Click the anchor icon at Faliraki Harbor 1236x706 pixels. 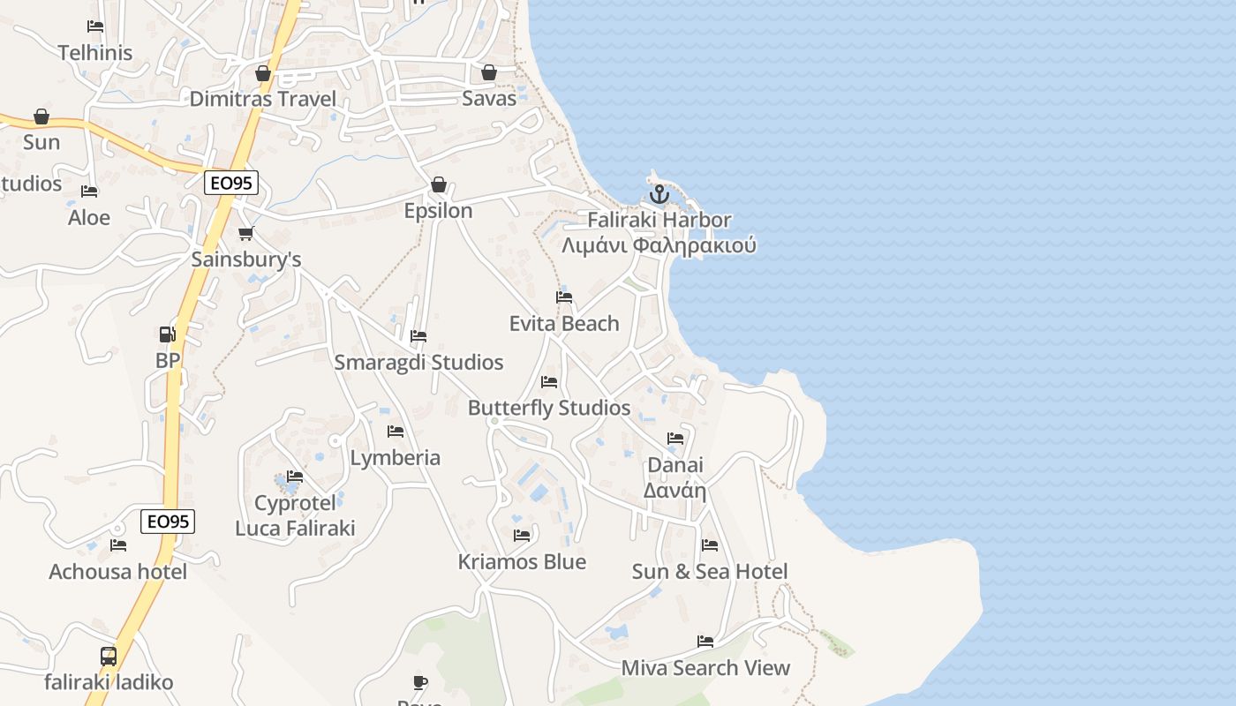pos(659,194)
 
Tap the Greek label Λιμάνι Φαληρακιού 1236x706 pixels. pos(659,245)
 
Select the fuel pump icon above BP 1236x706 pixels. pos(167,334)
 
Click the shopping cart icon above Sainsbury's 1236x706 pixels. pos(246,234)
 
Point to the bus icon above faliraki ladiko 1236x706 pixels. pos(109,657)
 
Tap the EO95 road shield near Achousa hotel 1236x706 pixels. pos(168,522)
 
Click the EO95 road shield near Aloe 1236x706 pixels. pos(231,184)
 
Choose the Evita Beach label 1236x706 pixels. pos(564,324)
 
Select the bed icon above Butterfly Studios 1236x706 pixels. pos(549,382)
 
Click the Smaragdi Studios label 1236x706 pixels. pos(418,363)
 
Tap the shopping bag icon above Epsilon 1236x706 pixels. pos(439,184)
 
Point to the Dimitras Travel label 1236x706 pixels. pos(263,99)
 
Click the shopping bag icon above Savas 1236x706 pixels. pos(489,72)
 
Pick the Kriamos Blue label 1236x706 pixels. pos(522,562)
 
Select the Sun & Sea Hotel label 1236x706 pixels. pos(710,572)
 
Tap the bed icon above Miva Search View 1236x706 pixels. pos(705,642)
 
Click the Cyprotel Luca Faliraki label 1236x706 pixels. pos(295,516)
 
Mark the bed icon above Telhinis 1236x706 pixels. pos(95,26)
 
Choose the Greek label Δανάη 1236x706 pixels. pos(675,491)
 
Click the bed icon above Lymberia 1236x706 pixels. pos(396,432)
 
